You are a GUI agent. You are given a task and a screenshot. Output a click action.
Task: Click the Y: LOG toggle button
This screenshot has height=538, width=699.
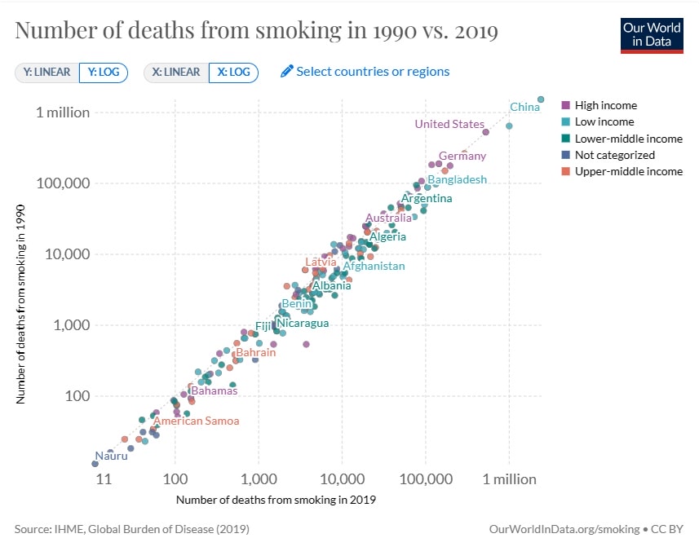coord(104,72)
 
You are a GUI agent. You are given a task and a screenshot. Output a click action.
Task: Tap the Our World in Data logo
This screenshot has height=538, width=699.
coord(652,33)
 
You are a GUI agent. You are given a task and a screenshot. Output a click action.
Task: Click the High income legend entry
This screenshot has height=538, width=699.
coord(605,105)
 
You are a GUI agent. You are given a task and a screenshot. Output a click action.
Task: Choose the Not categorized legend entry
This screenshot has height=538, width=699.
coord(614,155)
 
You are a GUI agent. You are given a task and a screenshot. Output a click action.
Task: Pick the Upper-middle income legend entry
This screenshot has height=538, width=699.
coord(628,171)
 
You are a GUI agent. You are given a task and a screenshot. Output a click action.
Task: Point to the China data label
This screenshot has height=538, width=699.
coord(524,107)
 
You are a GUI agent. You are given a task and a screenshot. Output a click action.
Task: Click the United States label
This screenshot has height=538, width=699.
coord(449,124)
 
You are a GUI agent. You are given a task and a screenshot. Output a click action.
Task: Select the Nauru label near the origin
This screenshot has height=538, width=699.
coord(111,456)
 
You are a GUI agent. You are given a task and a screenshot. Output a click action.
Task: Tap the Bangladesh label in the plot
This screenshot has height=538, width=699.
coord(458,179)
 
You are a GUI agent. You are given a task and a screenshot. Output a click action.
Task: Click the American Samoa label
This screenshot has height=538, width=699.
coord(197,421)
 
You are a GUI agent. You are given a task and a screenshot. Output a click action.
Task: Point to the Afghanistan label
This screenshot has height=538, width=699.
coord(374,266)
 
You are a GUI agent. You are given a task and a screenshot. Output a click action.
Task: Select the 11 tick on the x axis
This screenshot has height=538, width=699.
coord(103,478)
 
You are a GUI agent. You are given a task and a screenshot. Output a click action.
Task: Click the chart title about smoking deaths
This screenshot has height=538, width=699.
coord(256,31)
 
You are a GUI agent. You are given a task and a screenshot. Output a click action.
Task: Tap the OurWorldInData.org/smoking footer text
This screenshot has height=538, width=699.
coord(568,529)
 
